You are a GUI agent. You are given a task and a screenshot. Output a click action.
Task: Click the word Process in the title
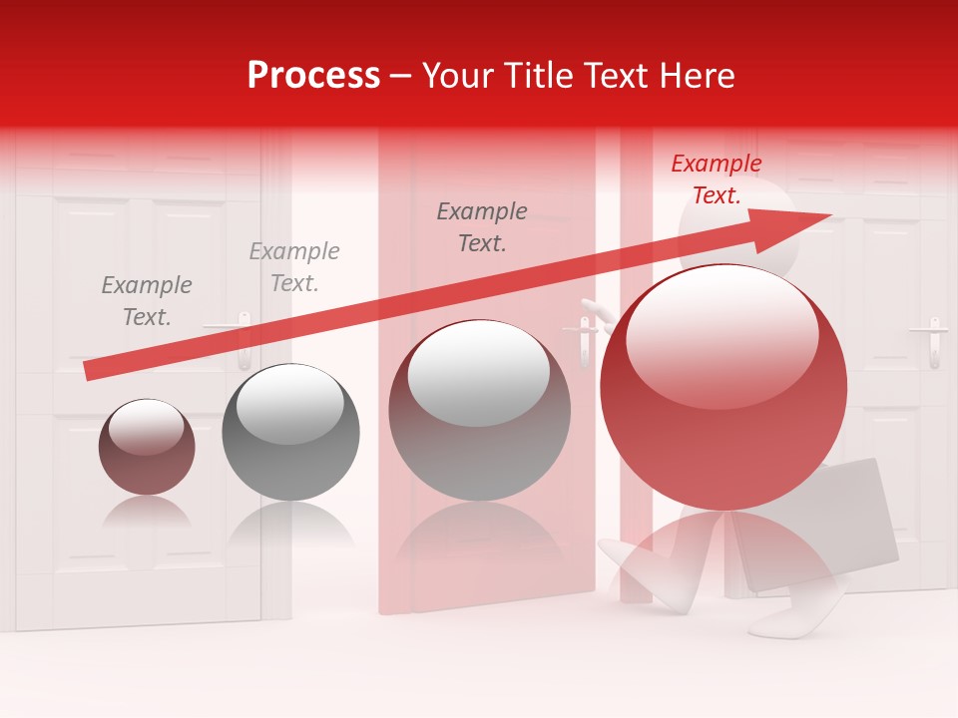pos(313,76)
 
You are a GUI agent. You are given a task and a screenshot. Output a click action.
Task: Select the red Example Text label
pos(716,179)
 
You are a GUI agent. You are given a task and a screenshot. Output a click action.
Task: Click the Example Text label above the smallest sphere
pos(146,301)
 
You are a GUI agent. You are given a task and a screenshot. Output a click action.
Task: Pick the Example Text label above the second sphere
pos(293,267)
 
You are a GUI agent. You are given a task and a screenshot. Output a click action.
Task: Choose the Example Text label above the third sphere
pos(482,227)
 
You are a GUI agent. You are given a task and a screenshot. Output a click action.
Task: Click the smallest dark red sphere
pos(147,447)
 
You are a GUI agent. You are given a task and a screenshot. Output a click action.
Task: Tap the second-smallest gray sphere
pos(290,433)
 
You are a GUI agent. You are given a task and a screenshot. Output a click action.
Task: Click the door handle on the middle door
pos(584,339)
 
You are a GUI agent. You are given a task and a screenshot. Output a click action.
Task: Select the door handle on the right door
pos(935,340)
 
